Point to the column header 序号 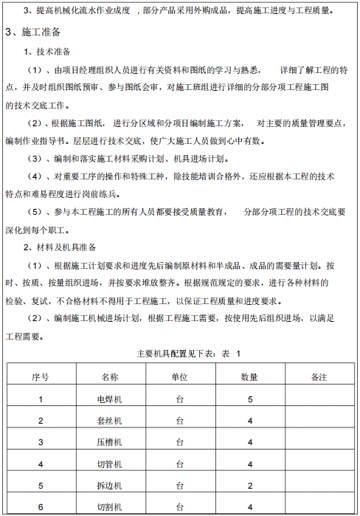coord(41,377)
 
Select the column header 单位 coord(179,377)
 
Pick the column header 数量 coord(249,377)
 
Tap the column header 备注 coord(319,377)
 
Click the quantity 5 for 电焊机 coord(250,399)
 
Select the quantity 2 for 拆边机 coord(250,486)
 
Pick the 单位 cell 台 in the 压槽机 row coord(179,442)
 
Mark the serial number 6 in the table coord(41,506)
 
